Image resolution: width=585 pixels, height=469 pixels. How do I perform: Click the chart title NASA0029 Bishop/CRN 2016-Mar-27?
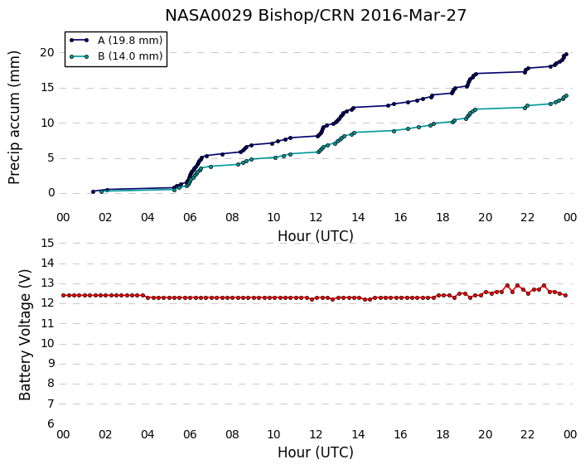click(316, 16)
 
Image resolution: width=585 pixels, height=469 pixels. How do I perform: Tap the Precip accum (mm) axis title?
click(14, 117)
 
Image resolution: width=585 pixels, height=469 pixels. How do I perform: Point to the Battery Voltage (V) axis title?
click(25, 335)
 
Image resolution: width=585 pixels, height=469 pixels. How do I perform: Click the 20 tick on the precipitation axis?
click(48, 52)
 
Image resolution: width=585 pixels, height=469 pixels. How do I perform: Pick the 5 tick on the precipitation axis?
click(51, 158)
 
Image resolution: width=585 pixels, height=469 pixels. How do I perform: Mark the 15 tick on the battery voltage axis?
click(48, 244)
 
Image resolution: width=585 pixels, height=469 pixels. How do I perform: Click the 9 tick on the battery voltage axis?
click(51, 364)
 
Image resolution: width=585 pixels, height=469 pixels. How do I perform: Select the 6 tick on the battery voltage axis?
click(51, 424)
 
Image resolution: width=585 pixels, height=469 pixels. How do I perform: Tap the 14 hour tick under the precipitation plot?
click(358, 217)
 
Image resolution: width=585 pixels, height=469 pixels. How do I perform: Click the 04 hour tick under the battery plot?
click(147, 434)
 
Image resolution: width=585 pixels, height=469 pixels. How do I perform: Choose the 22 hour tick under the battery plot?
click(528, 434)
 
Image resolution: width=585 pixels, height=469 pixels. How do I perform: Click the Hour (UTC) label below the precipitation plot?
click(316, 236)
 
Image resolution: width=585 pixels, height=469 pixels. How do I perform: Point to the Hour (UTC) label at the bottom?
click(316, 452)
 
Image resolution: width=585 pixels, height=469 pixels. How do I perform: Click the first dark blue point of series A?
click(94, 191)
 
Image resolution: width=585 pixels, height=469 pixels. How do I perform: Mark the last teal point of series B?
click(566, 96)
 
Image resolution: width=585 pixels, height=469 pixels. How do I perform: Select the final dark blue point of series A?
click(566, 55)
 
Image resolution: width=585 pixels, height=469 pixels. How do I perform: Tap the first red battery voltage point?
click(64, 296)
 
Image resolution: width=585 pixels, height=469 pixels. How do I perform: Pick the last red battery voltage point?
click(566, 296)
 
